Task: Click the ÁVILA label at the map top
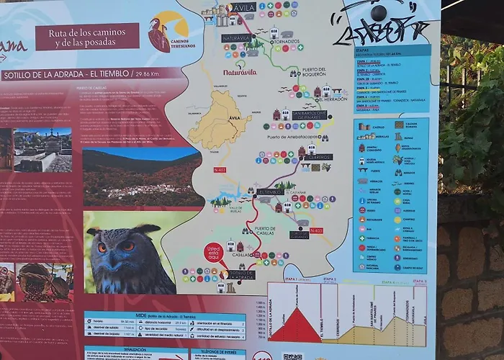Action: pyautogui.click(x=243, y=8)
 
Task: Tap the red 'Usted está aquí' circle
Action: pyautogui.click(x=214, y=253)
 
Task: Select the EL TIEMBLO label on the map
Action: pyautogui.click(x=271, y=193)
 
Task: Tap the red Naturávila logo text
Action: pyautogui.click(x=239, y=72)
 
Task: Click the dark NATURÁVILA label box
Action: pyautogui.click(x=236, y=38)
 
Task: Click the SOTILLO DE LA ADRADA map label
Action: pyautogui.click(x=242, y=274)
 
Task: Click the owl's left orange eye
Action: pyautogui.click(x=102, y=246)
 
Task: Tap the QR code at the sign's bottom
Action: pyautogui.click(x=292, y=356)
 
